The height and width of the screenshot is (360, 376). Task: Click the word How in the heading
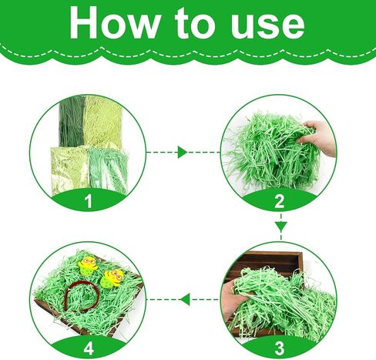click(x=114, y=22)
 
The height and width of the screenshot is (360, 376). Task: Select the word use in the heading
click(x=267, y=26)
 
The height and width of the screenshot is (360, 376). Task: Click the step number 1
click(x=89, y=201)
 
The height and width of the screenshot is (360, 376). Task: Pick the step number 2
click(x=280, y=201)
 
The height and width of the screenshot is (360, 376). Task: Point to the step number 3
click(x=280, y=348)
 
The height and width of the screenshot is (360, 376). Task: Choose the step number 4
click(x=89, y=348)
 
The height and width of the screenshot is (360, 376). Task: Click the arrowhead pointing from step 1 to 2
click(x=182, y=152)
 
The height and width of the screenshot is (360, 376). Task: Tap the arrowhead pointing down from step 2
click(x=281, y=227)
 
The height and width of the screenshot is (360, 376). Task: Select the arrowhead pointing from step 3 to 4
click(x=185, y=299)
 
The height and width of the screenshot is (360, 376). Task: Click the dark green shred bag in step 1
click(x=72, y=121)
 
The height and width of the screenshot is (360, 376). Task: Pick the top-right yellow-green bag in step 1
click(x=102, y=121)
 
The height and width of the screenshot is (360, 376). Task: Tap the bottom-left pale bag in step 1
click(x=69, y=169)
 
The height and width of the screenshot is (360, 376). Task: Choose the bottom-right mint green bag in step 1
click(x=109, y=170)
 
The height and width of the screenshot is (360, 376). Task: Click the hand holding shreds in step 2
click(x=318, y=136)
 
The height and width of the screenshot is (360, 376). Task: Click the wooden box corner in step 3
click(x=301, y=254)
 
